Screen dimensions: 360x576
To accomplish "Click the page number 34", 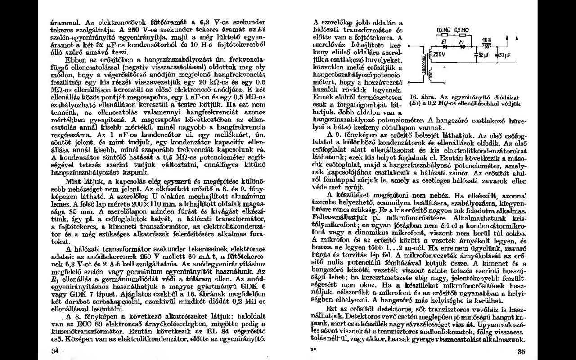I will pos(55,351).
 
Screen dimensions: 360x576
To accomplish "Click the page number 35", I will pos(521,352).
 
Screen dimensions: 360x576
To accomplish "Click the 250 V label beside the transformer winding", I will pos(439,54).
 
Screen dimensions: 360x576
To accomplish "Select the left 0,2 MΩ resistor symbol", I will pos(444,35).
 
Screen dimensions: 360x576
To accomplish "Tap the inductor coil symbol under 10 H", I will pos(486,46).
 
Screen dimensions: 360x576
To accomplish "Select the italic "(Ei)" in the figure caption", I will pos(414,103).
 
